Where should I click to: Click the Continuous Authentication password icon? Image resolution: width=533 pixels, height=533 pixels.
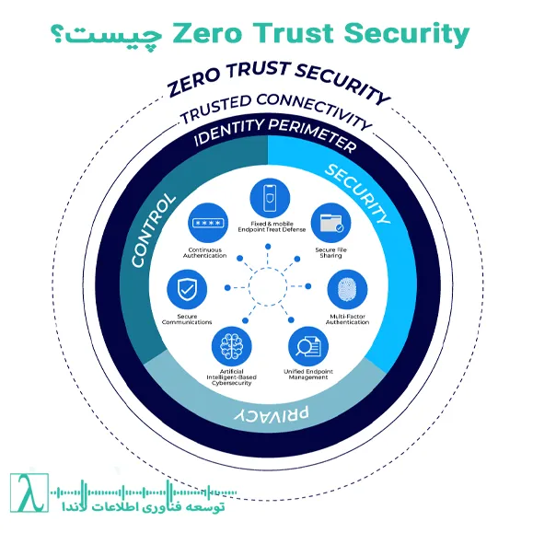[x=208, y=223]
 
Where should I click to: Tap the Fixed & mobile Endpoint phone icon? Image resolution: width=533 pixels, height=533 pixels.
[x=270, y=198]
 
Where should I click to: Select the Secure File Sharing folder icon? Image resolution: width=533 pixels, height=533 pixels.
[x=331, y=223]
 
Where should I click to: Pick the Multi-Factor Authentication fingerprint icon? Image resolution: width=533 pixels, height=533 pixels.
[x=347, y=290]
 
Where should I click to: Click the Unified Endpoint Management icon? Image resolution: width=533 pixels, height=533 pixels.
[x=308, y=347]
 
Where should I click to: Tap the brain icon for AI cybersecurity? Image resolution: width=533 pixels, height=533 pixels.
[x=231, y=347]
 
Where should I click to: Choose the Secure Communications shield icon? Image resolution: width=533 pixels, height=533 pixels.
[x=187, y=290]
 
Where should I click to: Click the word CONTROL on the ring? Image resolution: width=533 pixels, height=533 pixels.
[x=154, y=230]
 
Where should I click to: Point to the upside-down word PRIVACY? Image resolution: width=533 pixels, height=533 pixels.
[x=272, y=414]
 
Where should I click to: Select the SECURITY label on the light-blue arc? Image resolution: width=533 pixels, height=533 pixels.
[x=357, y=193]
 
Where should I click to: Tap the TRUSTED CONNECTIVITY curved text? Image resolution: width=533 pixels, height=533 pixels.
[x=275, y=107]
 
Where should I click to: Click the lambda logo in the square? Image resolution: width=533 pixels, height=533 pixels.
[x=29, y=492]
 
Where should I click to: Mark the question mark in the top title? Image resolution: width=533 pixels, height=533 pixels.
[x=56, y=35]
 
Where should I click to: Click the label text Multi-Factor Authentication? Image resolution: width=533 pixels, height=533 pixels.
[x=347, y=319]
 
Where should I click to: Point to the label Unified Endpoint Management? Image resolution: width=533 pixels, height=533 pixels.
[x=308, y=375]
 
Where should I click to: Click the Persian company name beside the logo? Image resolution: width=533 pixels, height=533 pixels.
[x=144, y=507]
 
